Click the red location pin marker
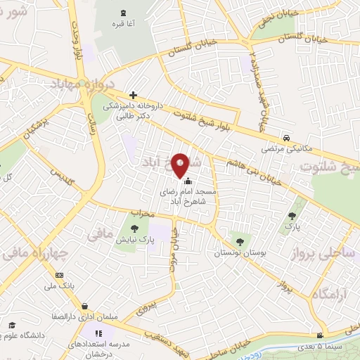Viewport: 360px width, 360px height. point(181,164)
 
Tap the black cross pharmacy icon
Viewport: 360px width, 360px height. point(133,95)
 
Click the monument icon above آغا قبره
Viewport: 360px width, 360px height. point(124,13)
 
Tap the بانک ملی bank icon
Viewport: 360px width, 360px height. point(60,275)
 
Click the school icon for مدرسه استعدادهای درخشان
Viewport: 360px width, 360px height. point(98,333)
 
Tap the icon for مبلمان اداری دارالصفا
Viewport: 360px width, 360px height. point(85,306)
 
